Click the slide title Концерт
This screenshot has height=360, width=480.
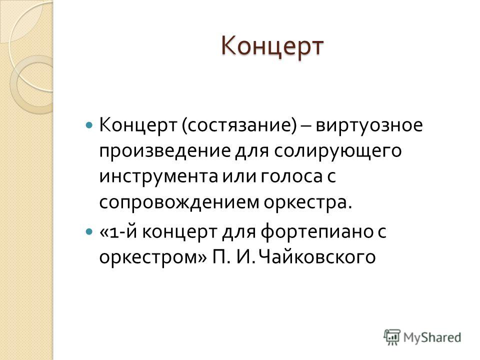272,46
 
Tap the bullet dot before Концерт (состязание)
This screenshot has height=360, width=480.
89,125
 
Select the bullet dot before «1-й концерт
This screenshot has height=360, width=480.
89,231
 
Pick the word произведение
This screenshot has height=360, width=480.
164,151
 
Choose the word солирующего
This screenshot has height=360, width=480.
337,151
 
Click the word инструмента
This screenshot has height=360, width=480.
158,177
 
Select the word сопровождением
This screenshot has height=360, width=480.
179,202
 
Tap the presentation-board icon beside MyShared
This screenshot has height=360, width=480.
392,337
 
